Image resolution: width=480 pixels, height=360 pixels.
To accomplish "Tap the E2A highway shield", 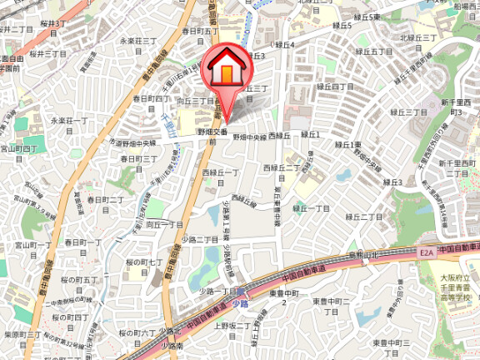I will tap(427, 249).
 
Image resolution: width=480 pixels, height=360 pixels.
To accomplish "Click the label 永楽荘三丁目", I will tap(139, 40).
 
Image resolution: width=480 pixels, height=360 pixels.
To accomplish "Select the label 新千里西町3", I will tap(456, 106).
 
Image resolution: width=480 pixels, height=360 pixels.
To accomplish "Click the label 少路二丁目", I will tap(205, 239).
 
